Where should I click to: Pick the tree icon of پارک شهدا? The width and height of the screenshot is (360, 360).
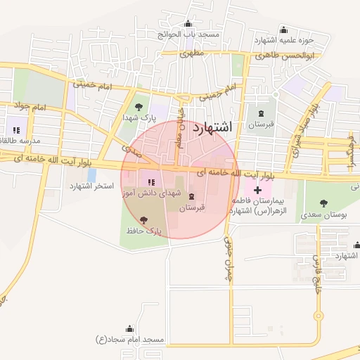pos(139,107)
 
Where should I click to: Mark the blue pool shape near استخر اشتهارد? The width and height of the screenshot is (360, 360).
pos(91,174)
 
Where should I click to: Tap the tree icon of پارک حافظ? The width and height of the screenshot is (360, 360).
pos(145,220)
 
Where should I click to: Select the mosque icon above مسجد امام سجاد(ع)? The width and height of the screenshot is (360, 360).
pos(129,328)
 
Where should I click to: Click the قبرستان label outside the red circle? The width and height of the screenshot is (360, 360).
pos(262,124)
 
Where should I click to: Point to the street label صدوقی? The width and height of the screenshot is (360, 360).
pos(130,150)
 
